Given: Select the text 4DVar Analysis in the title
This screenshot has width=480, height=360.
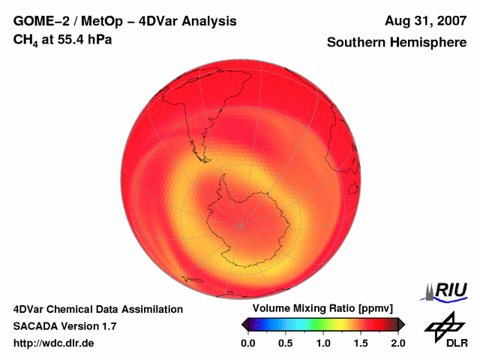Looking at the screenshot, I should [193, 21].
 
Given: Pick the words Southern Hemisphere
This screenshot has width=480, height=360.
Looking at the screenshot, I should [397, 43].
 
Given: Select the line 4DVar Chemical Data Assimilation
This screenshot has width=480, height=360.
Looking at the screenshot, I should [97, 309].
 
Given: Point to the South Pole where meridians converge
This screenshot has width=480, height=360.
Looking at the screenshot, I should [241, 225].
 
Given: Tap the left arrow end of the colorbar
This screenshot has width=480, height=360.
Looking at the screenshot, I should [244, 324].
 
